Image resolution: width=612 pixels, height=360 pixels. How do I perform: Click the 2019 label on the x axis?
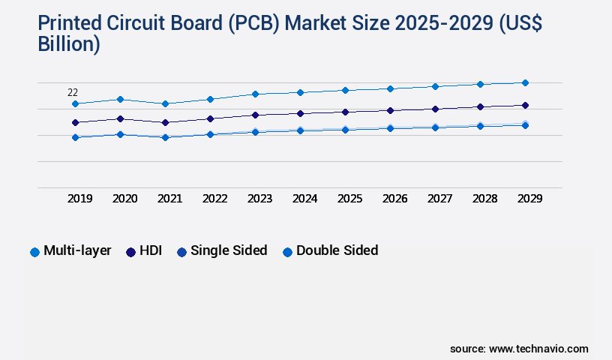point(79,199)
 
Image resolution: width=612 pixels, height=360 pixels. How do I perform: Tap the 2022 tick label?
point(214,199)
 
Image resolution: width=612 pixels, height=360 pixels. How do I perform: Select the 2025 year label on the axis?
point(349,199)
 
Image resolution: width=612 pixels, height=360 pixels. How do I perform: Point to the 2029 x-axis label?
point(529,199)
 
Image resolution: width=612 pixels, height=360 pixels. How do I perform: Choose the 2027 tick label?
point(439,199)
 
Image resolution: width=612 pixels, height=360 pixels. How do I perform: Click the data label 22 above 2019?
point(73,92)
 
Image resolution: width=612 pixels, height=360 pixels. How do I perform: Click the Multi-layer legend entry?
point(70,250)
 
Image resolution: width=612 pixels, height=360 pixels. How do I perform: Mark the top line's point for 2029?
point(525,82)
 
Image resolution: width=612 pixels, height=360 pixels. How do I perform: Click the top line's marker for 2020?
point(120,99)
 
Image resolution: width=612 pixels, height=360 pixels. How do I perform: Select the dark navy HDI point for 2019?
point(75,122)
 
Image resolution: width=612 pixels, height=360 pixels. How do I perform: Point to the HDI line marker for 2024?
point(300,113)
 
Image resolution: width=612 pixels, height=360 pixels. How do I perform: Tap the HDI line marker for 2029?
point(525,105)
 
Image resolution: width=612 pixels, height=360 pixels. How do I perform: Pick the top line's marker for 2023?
point(255,94)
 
